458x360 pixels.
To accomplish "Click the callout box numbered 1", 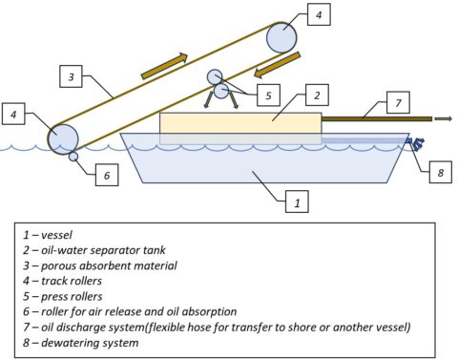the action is (x=297, y=201).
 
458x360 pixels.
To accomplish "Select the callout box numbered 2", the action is (x=317, y=95).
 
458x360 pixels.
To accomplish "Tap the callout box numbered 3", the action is (x=71, y=76).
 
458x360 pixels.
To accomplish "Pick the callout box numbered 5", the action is (x=268, y=95).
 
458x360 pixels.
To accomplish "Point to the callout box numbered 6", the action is (x=107, y=175).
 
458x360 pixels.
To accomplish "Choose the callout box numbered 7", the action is (x=398, y=102).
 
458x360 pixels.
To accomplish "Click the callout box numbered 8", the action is (x=441, y=172).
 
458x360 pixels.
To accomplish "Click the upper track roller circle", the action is (x=281, y=37).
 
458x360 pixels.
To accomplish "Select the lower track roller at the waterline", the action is (x=63, y=139).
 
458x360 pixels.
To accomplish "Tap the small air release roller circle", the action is (x=73, y=157).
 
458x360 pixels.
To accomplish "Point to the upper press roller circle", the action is (x=215, y=77).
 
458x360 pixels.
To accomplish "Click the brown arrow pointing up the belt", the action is (x=164, y=66).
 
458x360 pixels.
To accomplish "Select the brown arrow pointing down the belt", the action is (x=277, y=65).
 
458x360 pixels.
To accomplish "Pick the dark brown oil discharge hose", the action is (x=377, y=119).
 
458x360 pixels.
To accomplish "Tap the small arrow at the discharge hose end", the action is (x=443, y=118).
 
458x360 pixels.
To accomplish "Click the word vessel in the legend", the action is (x=56, y=235).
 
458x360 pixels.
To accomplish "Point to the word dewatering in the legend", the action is (x=66, y=343).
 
